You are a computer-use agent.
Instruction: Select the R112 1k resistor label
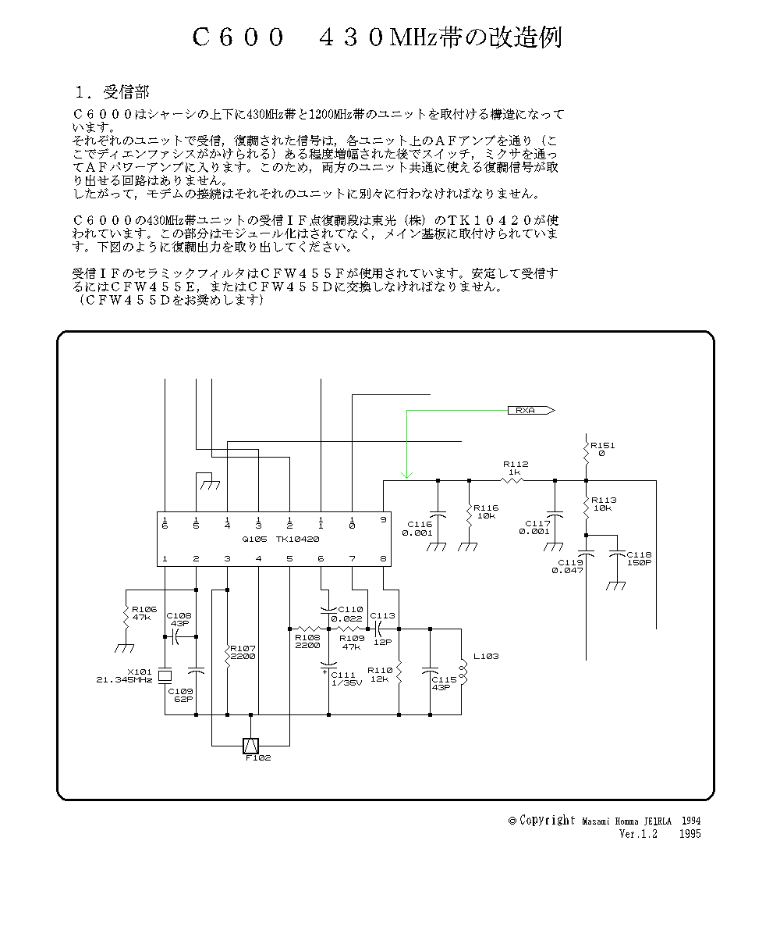pyautogui.click(x=516, y=468)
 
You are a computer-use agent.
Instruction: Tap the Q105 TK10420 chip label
pyautogui.click(x=280, y=539)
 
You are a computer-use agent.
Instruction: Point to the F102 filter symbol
pyautogui.click(x=250, y=746)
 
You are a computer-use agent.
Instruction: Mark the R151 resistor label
pyautogui.click(x=603, y=449)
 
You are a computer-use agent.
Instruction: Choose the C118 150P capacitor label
pyautogui.click(x=638, y=558)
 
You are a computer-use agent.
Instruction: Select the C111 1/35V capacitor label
pyautogui.click(x=346, y=679)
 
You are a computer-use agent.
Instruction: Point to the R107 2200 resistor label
pyautogui.click(x=243, y=652)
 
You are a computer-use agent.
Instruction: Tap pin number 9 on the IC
pyautogui.click(x=383, y=519)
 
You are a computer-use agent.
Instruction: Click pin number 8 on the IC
pyautogui.click(x=383, y=558)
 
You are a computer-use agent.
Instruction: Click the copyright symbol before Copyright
pyautogui.click(x=512, y=821)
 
